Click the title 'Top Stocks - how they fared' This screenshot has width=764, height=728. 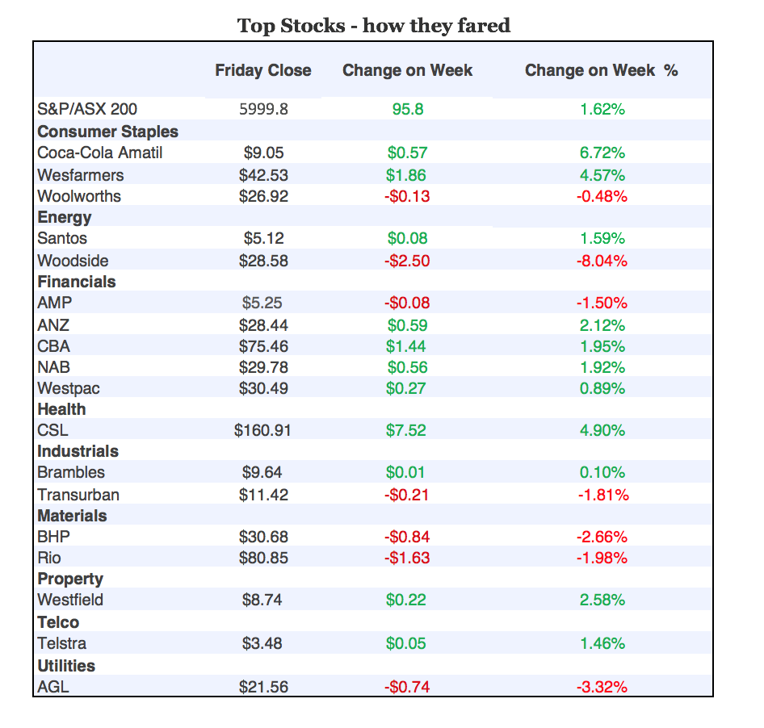coord(373,26)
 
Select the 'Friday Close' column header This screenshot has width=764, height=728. coord(262,70)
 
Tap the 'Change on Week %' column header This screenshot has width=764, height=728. coord(601,70)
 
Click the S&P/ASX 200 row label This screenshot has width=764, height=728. coord(93,109)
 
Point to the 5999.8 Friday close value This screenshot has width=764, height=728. coord(263,109)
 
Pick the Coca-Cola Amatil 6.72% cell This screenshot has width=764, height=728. coord(602,153)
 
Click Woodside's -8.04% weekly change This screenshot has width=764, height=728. coord(602,261)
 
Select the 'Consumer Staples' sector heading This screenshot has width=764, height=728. coord(107,132)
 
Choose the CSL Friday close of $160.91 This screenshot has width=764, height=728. coord(262,430)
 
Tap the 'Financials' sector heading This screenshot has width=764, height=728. coord(77,282)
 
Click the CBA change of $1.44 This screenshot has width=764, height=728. coord(407,346)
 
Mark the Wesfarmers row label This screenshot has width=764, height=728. coord(81,175)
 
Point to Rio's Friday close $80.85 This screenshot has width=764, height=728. coord(263,558)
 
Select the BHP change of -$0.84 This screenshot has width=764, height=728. coord(407,537)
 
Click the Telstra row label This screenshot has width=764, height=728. coord(62,643)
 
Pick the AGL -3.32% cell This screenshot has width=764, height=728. coord(602,687)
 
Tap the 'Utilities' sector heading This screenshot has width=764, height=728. coord(66,666)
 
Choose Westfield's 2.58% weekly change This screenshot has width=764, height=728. coord(602,600)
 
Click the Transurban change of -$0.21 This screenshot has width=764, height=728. coord(407,495)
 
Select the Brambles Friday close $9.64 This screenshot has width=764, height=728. coord(263,472)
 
